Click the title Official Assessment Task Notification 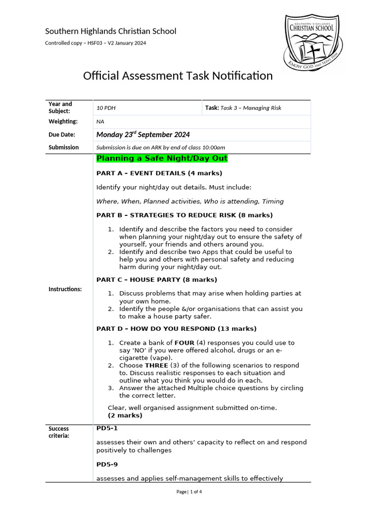point(178,76)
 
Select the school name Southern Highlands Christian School point(110,31)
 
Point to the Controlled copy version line point(95,43)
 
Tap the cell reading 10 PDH point(106,108)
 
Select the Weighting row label point(63,121)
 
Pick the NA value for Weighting point(100,121)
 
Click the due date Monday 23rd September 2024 point(143,135)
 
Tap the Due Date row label point(62,135)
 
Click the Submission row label point(63,147)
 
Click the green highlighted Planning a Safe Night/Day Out point(162,158)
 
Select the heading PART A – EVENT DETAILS point(159,173)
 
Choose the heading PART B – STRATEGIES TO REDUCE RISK point(184,215)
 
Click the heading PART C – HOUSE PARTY point(156,280)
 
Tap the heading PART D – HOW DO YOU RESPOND point(176,329)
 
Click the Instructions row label point(65,289)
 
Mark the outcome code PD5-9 point(107,465)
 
